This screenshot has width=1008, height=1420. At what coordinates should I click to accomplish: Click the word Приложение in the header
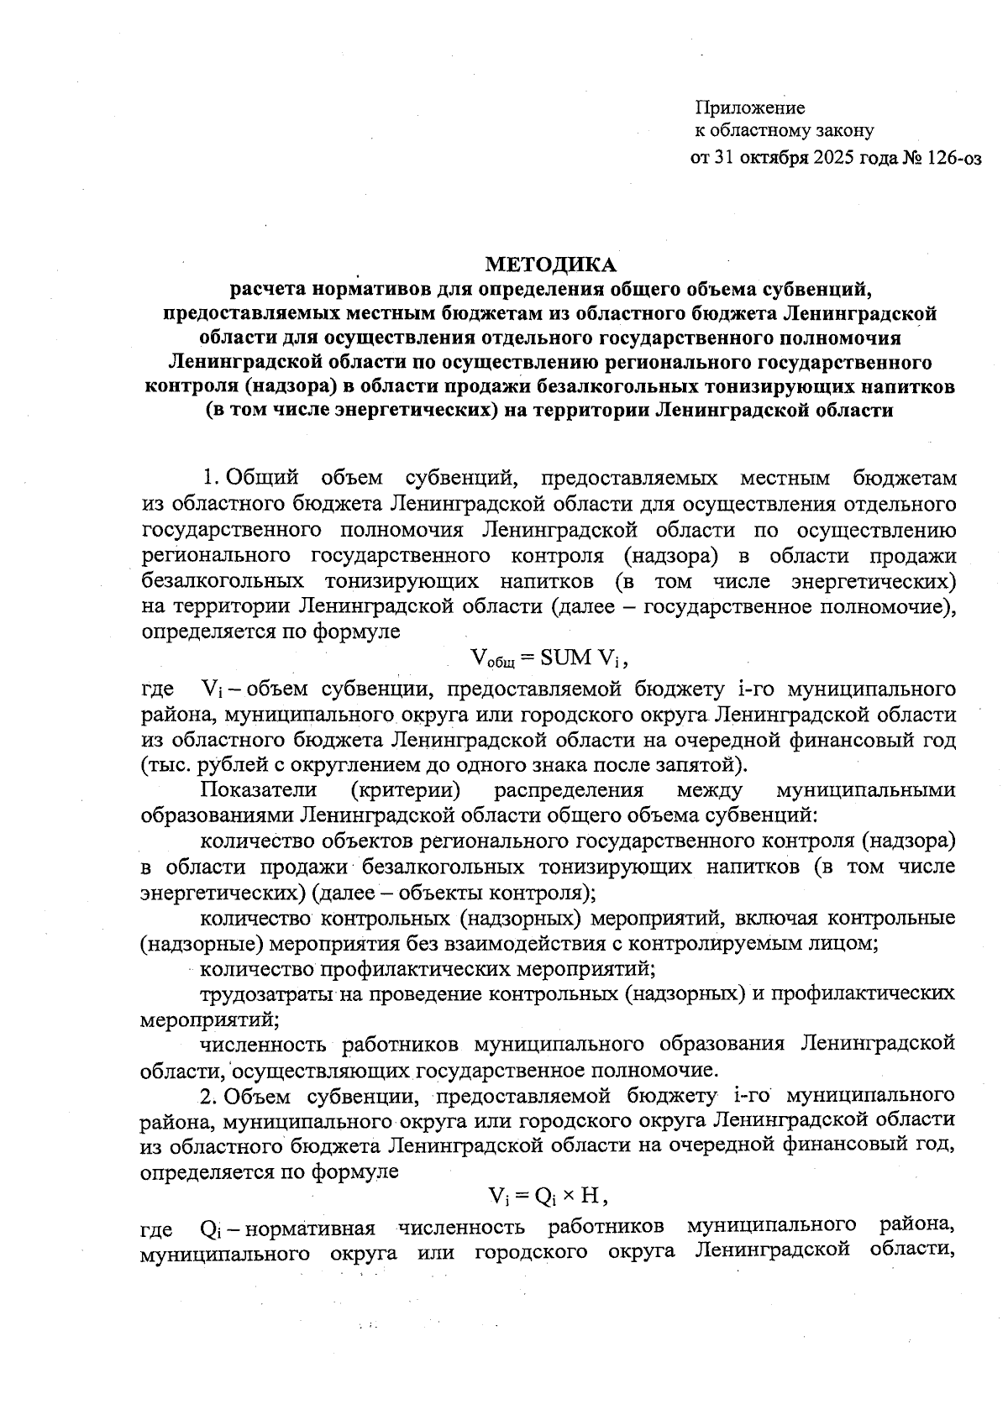tap(749, 108)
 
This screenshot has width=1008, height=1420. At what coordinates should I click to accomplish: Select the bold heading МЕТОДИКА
tap(550, 265)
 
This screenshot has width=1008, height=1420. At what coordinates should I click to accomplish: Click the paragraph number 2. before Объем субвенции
tap(209, 1095)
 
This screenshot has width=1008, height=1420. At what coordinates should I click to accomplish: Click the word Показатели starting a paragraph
tap(258, 790)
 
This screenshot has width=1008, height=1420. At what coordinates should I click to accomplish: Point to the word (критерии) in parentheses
tap(406, 790)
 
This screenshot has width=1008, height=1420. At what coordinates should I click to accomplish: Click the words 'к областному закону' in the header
tap(784, 131)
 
